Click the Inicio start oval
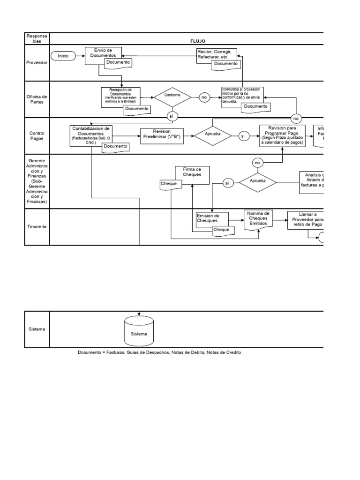(63, 56)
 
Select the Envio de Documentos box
(103, 53)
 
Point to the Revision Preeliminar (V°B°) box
(161, 135)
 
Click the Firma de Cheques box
(192, 172)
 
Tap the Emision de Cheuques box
(211, 219)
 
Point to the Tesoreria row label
(37, 226)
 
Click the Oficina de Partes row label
(37, 99)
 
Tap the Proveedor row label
(37, 62)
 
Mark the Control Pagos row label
(37, 135)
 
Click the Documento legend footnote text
(159, 352)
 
